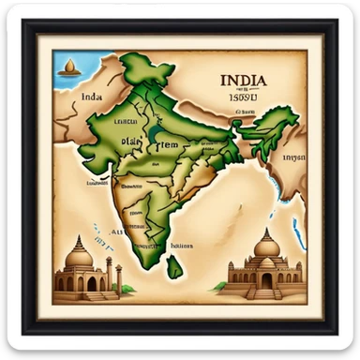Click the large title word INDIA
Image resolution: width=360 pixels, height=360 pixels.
coord(244,82)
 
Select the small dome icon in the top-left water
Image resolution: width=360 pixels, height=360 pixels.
coord(68,67)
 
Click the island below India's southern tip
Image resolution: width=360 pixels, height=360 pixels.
coord(174,267)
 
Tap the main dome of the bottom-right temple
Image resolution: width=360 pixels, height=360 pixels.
coord(267,247)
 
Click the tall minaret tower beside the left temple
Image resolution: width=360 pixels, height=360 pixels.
coord(109,273)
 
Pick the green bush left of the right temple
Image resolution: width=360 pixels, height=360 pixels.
coord(221,285)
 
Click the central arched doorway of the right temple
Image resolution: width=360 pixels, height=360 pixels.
coord(267,280)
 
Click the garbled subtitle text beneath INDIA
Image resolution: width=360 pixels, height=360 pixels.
coord(245,96)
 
